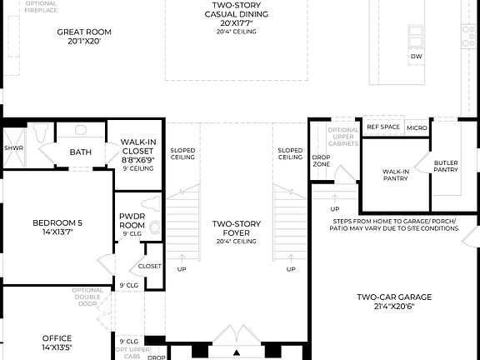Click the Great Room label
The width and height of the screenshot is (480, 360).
(83, 37)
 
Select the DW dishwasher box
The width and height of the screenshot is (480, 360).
(417, 57)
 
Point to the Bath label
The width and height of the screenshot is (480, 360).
(80, 152)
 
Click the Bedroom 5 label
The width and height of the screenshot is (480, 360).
(57, 227)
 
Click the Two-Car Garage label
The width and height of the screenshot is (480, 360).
(385, 301)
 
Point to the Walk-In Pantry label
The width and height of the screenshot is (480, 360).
(395, 175)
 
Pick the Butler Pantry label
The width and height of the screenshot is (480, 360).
(446, 166)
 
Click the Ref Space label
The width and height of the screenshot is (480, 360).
(383, 127)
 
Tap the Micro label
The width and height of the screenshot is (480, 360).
(417, 127)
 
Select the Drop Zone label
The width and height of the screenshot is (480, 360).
(321, 160)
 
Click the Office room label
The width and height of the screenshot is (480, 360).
(57, 342)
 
